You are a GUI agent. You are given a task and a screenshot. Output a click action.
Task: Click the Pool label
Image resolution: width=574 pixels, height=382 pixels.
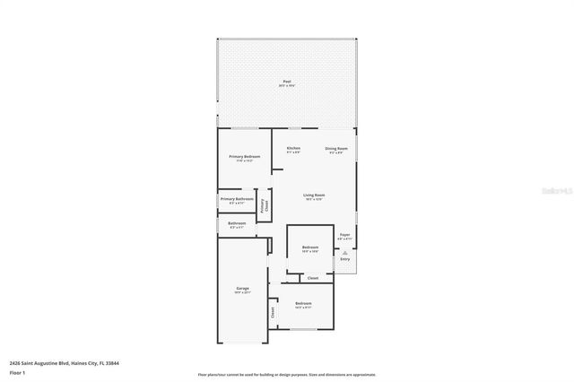coord(287,82)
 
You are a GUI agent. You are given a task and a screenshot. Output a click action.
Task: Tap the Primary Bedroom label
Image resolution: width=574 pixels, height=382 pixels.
coord(244,157)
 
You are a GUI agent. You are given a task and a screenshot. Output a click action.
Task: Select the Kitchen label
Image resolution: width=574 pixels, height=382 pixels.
coord(293,148)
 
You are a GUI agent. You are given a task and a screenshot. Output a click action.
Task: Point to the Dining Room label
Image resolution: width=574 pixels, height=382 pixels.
coord(336,148)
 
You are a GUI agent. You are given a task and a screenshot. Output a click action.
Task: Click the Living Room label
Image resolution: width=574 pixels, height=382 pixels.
coord(314,195)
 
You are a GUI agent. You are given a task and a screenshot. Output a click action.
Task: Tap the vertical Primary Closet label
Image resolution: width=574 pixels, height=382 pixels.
coord(263,204)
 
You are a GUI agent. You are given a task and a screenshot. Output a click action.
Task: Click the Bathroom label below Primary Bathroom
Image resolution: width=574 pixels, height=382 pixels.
coord(237,223)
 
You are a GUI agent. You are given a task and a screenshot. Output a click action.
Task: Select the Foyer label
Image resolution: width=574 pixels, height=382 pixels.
coord(344,236)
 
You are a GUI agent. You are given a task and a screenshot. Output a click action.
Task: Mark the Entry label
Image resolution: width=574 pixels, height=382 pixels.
coord(344,260)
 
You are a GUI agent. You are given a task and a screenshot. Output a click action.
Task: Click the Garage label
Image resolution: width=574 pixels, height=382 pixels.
coord(242,289)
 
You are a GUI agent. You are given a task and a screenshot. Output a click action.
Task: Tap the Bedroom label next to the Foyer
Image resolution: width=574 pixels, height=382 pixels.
coord(310,247)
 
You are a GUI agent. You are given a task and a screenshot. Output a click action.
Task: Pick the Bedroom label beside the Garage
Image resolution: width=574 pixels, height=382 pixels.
coord(304,304)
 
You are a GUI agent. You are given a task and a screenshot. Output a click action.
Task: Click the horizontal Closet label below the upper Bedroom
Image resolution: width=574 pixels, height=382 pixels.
coord(313,278)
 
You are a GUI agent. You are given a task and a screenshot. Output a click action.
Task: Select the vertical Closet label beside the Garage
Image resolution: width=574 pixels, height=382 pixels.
coord(273,312)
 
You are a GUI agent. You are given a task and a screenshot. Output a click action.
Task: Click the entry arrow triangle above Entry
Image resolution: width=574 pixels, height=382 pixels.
coord(344,252)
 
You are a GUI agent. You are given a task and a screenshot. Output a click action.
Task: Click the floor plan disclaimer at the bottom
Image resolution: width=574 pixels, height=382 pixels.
coord(287,375)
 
